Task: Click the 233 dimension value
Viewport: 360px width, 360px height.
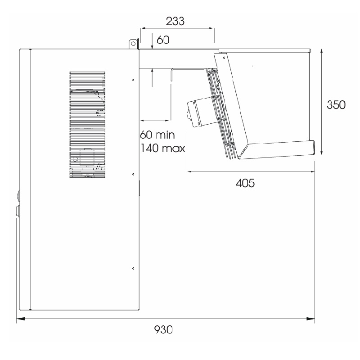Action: pyautogui.click(x=175, y=21)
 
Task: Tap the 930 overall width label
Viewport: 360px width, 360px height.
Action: pyautogui.click(x=163, y=330)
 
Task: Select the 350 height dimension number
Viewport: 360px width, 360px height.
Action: pyautogui.click(x=336, y=105)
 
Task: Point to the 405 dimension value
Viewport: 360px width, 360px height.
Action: pyautogui.click(x=245, y=183)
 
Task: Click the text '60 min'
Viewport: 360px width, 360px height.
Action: pyautogui.click(x=157, y=135)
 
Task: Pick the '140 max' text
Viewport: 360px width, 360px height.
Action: pyautogui.click(x=162, y=148)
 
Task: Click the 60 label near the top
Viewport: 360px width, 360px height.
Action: pyautogui.click(x=163, y=40)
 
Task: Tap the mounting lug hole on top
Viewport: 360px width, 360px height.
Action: pyautogui.click(x=133, y=43)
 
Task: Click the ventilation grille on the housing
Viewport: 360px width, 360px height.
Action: pyautogui.click(x=87, y=125)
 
